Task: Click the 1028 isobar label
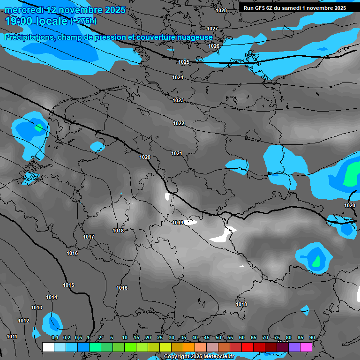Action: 221,10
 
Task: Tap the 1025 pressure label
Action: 183,62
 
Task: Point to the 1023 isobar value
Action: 178,101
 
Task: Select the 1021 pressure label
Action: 176,154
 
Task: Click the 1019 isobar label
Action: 177,223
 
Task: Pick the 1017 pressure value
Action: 89,237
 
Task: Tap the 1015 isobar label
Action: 68,285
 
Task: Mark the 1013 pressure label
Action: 37,307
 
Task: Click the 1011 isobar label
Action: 12,337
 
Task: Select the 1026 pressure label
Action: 214,46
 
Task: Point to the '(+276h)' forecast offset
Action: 83,21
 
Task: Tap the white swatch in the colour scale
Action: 48,347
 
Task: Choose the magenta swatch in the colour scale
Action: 306,347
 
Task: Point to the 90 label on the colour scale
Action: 312,337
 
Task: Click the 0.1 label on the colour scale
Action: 55,337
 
